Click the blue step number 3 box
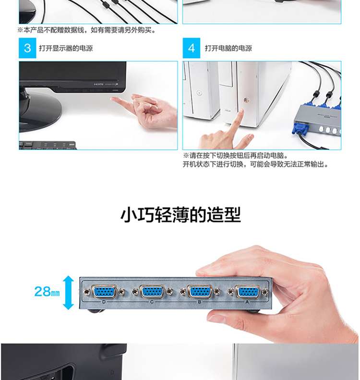[27, 48]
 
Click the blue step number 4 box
[191, 48]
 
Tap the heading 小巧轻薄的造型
[180, 215]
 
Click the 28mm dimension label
[47, 292]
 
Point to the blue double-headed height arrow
[69, 293]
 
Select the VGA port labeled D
[104, 292]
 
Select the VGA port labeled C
[152, 292]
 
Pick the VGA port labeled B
[200, 292]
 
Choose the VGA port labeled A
[247, 292]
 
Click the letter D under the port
[104, 302]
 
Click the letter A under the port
[247, 302]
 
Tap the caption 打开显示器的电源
[66, 48]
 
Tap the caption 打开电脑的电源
[228, 48]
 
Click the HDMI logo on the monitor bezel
[98, 84]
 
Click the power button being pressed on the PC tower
[246, 99]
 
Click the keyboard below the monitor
[48, 146]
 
